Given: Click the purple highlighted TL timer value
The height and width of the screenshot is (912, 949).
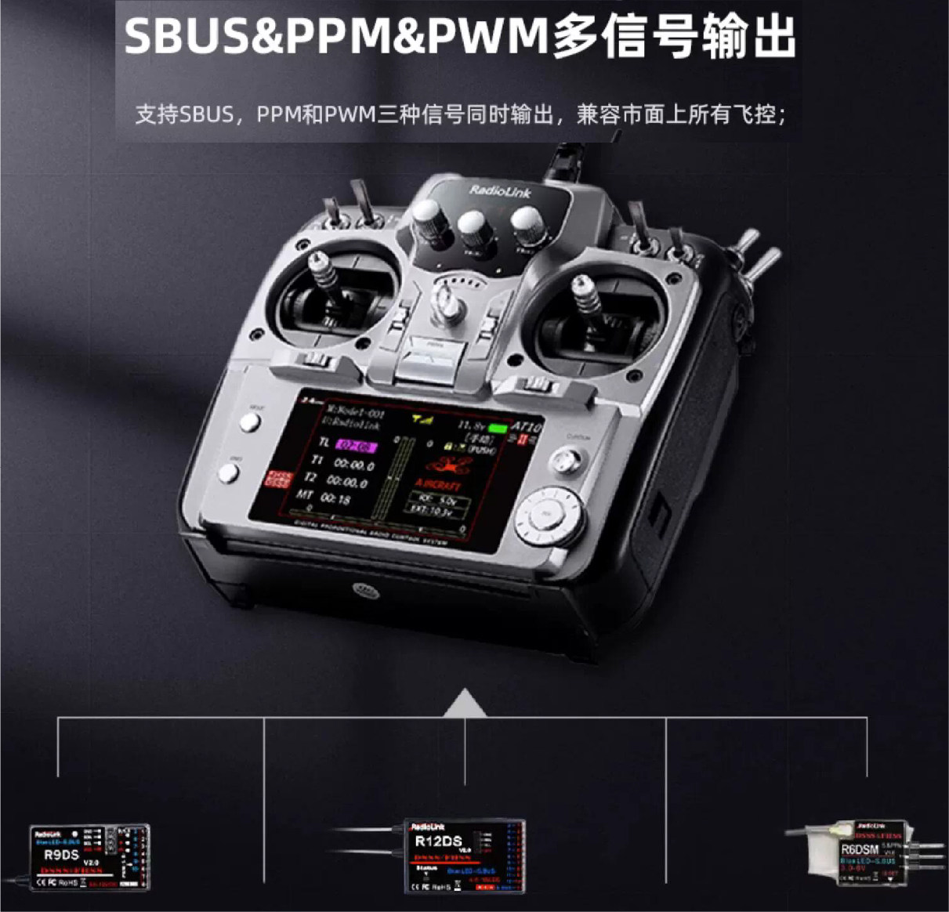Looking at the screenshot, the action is pos(356,446).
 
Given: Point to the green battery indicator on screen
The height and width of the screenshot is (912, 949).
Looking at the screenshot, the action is pos(498,429).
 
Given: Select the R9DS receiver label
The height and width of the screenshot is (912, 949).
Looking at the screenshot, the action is pos(61,855).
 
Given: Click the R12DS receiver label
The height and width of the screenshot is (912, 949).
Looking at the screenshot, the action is pos(438,841).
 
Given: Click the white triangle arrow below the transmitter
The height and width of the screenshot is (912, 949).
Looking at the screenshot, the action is pos(465,703).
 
